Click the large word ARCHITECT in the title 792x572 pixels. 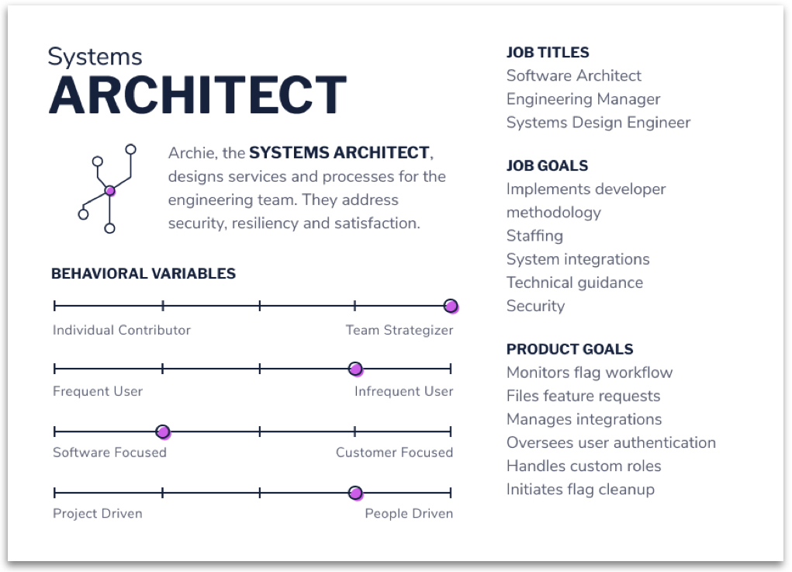(198, 95)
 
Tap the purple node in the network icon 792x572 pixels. (110, 191)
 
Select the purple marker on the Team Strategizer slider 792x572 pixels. (451, 307)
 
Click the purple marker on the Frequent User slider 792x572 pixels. (355, 369)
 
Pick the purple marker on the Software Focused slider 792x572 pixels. (163, 432)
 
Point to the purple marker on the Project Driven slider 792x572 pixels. (355, 493)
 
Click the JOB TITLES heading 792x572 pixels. (548, 53)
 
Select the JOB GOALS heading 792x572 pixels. (547, 166)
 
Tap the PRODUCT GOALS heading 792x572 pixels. (569, 349)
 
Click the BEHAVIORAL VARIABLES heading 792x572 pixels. (144, 273)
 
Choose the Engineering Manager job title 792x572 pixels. (583, 99)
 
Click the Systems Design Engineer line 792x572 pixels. (599, 123)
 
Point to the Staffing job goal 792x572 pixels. (535, 236)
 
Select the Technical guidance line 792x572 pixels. (575, 283)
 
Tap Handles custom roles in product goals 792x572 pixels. (584, 466)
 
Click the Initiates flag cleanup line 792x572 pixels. (581, 490)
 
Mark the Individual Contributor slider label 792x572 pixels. (122, 330)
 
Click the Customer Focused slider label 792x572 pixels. (395, 452)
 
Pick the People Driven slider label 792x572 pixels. (409, 513)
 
